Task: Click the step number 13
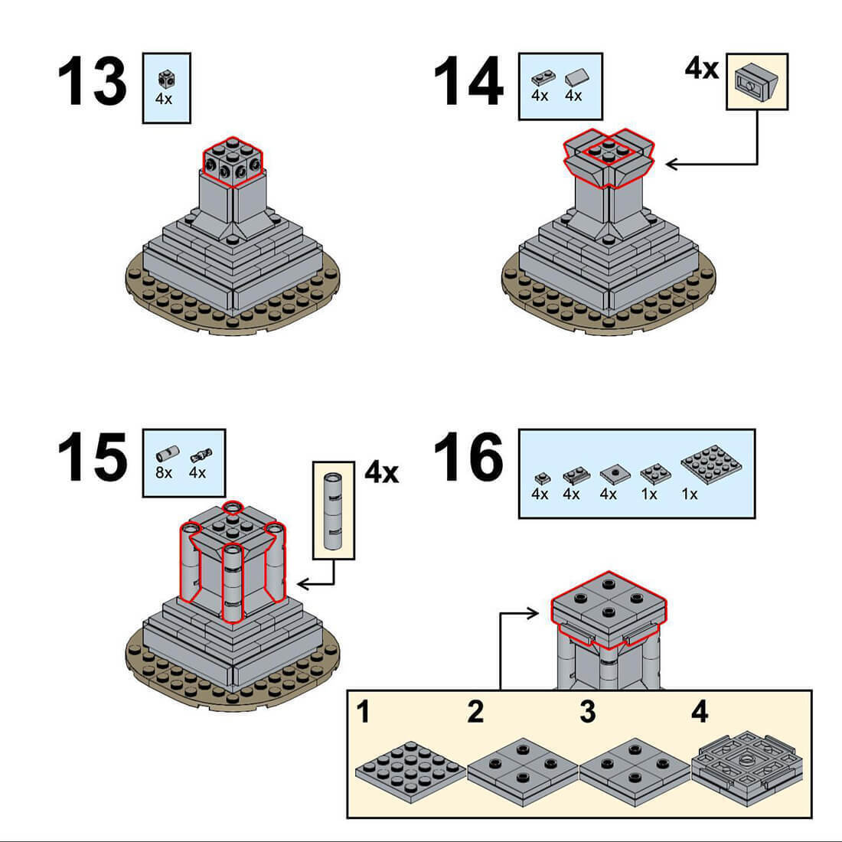[x=92, y=82]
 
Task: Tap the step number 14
[x=468, y=82]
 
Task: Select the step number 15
[x=92, y=458]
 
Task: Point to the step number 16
[x=468, y=458]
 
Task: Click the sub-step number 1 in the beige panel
[x=364, y=712]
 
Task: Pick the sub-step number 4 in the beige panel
[x=700, y=712]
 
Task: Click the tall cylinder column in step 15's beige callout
[x=334, y=511]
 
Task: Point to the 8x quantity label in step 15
[x=164, y=472]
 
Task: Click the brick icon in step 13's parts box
[x=165, y=80]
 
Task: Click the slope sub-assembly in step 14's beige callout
[x=757, y=82]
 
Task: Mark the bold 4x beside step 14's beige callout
[x=702, y=69]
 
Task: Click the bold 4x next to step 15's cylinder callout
[x=382, y=472]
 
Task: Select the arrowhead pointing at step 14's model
[x=671, y=164]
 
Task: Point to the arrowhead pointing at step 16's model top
[x=533, y=613]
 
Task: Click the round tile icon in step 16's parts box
[x=615, y=474]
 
